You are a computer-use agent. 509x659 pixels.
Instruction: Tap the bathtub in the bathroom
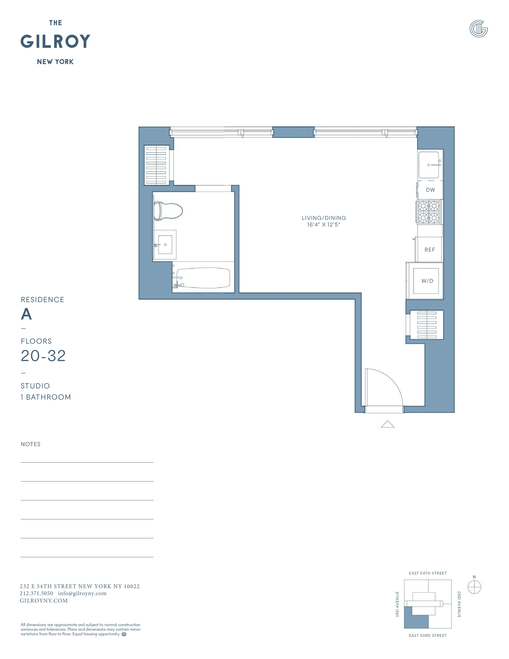(x=203, y=278)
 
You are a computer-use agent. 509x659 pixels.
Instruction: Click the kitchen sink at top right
(x=429, y=165)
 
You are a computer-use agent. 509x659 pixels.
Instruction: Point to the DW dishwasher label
(x=430, y=190)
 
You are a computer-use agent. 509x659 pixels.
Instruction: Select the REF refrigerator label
(x=430, y=250)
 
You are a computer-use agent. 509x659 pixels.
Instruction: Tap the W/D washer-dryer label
(x=427, y=281)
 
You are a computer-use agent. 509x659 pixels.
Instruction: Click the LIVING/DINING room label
(x=324, y=218)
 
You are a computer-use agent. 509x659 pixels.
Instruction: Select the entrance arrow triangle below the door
(x=387, y=425)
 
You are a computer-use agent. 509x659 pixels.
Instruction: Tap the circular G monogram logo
(x=478, y=29)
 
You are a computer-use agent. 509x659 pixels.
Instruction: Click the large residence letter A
(x=26, y=314)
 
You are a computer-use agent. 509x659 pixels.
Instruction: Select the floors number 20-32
(x=43, y=356)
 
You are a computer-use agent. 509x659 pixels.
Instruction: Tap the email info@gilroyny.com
(x=82, y=593)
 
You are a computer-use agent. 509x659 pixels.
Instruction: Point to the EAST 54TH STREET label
(x=428, y=573)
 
